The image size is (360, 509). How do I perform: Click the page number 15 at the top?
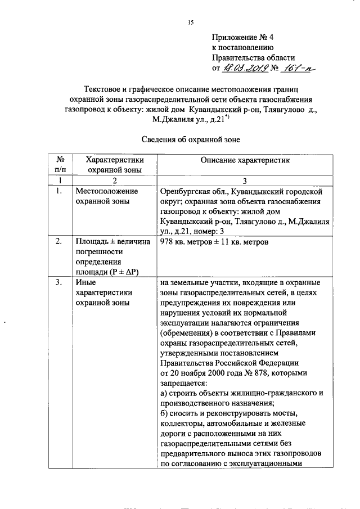pyautogui.click(x=191, y=22)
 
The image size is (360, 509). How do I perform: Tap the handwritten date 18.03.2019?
pyautogui.click(x=245, y=69)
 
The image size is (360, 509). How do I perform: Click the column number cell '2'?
pyautogui.click(x=114, y=180)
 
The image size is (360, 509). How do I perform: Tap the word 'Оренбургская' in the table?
pyautogui.click(x=184, y=191)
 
